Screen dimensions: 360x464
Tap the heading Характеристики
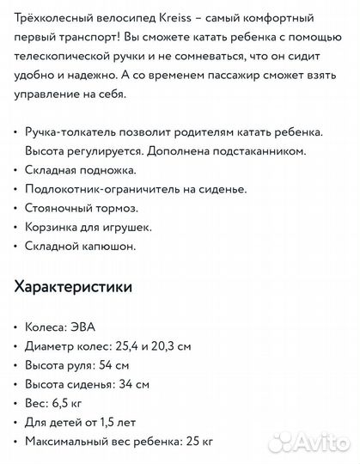click(74, 286)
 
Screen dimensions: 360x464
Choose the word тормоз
click(117, 207)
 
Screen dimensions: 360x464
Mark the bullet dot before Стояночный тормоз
click(18, 208)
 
